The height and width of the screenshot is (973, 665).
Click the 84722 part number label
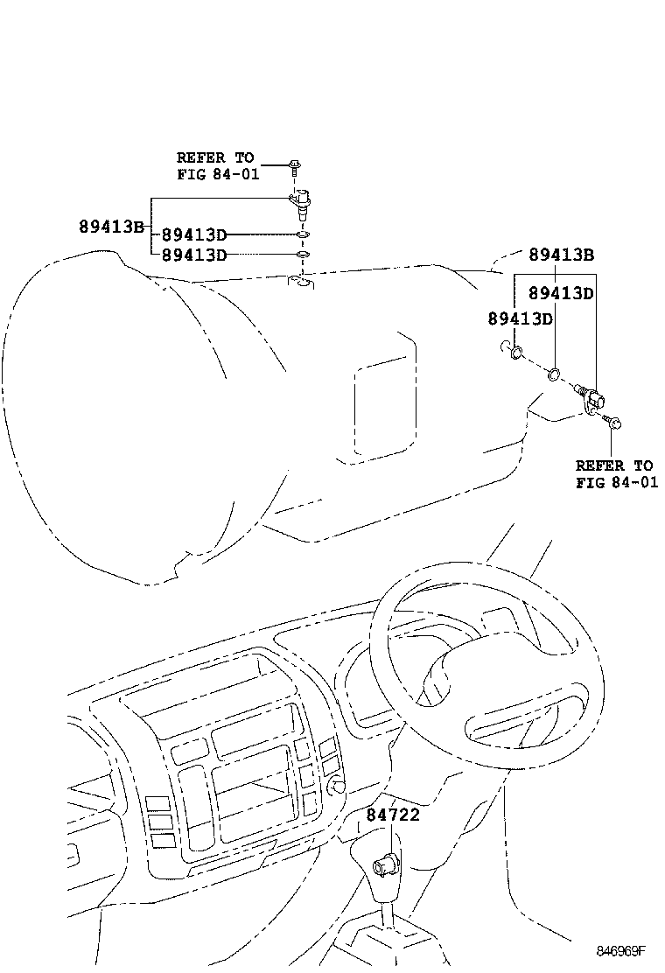393,815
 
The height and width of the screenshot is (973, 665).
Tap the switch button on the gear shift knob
385,865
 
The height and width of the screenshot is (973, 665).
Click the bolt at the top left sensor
295,165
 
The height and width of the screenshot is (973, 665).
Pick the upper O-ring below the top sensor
302,235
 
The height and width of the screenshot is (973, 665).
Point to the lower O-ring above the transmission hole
302,255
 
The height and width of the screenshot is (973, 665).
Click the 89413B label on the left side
111,226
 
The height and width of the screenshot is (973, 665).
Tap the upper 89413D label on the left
194,234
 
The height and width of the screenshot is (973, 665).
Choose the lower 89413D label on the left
194,255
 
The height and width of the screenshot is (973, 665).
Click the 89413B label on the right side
561,255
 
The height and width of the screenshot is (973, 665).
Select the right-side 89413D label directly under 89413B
561,293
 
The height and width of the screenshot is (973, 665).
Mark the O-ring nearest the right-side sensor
554,376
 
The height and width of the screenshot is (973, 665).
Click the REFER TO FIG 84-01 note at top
217,165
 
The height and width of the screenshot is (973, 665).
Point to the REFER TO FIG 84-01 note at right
616,474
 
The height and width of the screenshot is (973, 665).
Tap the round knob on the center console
334,785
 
